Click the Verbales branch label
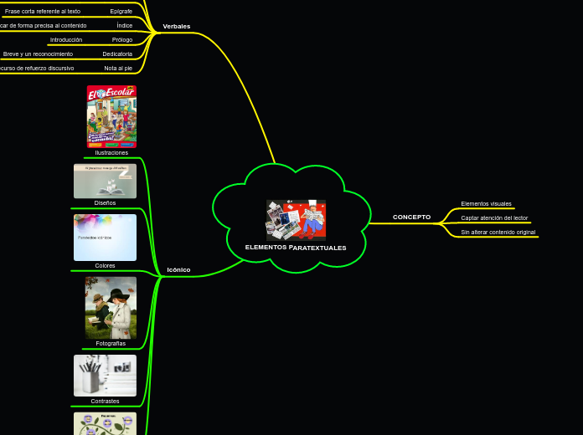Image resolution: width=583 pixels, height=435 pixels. click(176, 27)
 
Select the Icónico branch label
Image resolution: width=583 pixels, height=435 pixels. click(178, 270)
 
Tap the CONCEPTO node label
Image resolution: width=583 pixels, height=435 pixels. click(411, 217)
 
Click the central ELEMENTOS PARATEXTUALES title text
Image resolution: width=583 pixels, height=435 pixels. click(296, 248)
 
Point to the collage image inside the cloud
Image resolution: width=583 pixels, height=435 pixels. click(296, 220)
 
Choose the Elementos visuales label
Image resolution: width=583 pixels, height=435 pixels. click(486, 204)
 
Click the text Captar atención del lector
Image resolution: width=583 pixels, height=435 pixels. click(494, 218)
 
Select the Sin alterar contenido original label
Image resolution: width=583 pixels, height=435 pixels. click(498, 233)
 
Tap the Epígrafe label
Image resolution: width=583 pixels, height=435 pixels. click(121, 12)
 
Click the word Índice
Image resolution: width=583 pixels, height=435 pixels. click(124, 26)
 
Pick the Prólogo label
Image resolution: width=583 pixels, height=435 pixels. click(122, 40)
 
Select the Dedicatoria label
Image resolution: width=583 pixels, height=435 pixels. click(117, 54)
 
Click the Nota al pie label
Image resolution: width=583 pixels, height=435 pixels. click(118, 69)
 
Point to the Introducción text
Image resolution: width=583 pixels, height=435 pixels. click(66, 40)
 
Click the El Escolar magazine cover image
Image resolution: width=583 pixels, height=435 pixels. click(111, 116)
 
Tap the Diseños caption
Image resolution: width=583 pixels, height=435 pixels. click(105, 203)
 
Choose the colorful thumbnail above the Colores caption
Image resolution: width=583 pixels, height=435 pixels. click(105, 238)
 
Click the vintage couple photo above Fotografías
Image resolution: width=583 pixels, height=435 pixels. click(111, 308)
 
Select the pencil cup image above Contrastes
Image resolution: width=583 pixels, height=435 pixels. click(105, 376)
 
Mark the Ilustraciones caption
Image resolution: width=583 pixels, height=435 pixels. click(111, 153)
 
